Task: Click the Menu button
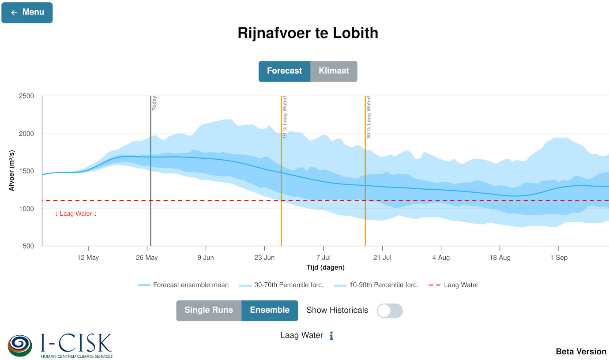coord(27,12)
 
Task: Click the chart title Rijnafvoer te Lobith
coord(308,33)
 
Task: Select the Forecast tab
coord(284,71)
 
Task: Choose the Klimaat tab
coord(334,71)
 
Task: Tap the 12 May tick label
coord(88,258)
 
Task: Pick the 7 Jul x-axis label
coord(323,258)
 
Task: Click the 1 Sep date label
coord(559,258)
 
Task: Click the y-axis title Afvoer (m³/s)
coord(12,171)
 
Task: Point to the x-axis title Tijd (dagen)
coord(325,267)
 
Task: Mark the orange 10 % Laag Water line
coord(281,185)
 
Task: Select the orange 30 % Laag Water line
coord(365,185)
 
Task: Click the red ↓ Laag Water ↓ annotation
coord(75,214)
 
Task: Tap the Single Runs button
coord(209,311)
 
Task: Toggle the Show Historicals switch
coord(390,311)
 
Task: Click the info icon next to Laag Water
coord(331,336)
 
